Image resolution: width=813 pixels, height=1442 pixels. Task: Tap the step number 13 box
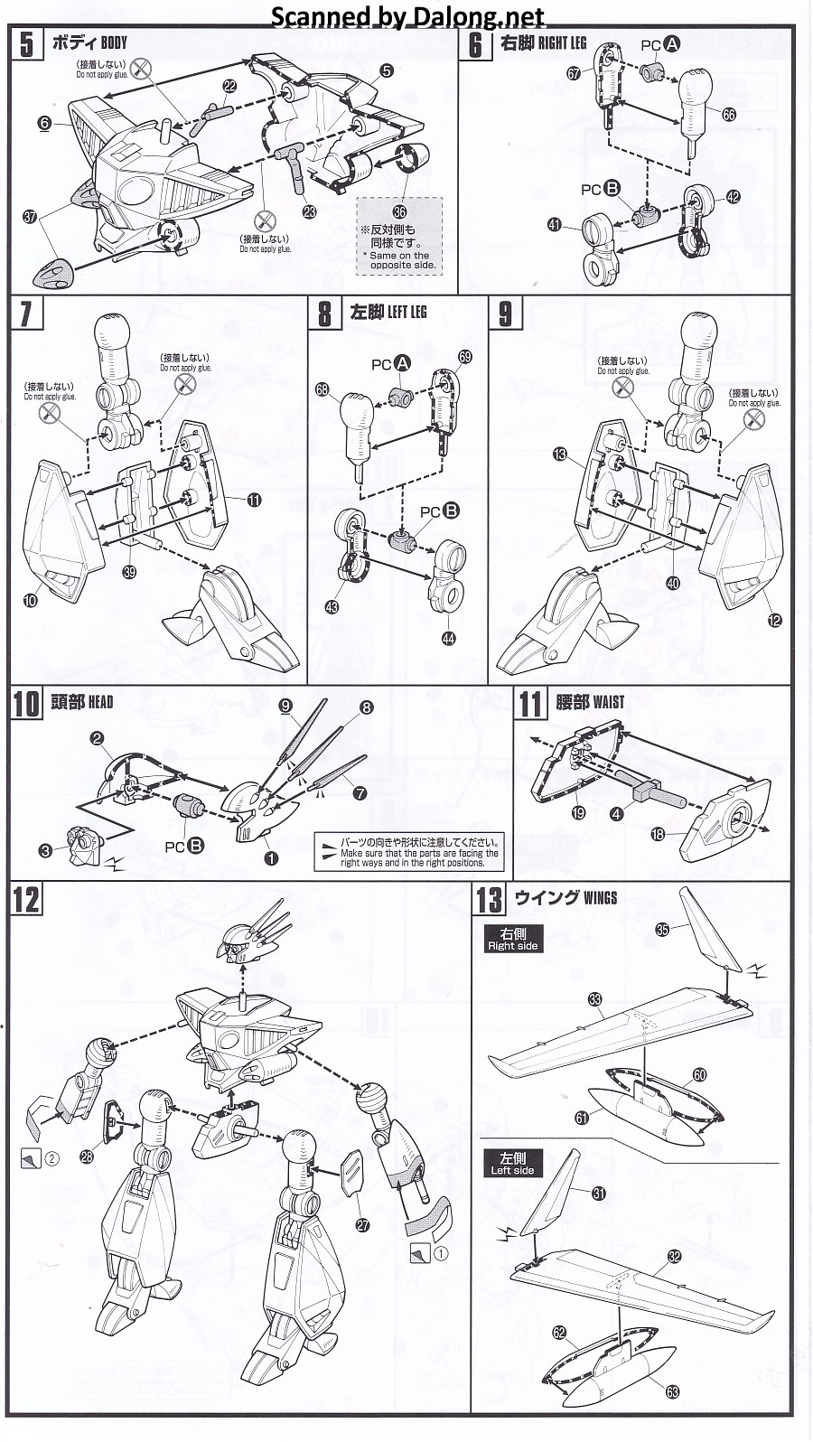point(490,901)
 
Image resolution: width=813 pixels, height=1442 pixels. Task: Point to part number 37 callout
point(31,217)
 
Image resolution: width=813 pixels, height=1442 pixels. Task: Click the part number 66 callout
point(729,114)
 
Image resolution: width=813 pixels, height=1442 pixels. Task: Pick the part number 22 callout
point(229,86)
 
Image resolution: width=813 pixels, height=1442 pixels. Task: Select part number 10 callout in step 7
point(31,599)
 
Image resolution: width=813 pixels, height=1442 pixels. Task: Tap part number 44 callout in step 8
point(449,639)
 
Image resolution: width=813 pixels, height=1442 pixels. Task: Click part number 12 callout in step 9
point(775,620)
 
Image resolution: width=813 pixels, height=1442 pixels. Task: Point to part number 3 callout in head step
point(45,849)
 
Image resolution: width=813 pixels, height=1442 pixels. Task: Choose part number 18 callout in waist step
point(658,834)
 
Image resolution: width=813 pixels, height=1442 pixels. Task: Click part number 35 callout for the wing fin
point(662,929)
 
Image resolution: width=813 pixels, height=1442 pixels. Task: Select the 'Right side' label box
point(512,939)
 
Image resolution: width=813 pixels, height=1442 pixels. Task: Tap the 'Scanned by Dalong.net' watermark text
point(407,15)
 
